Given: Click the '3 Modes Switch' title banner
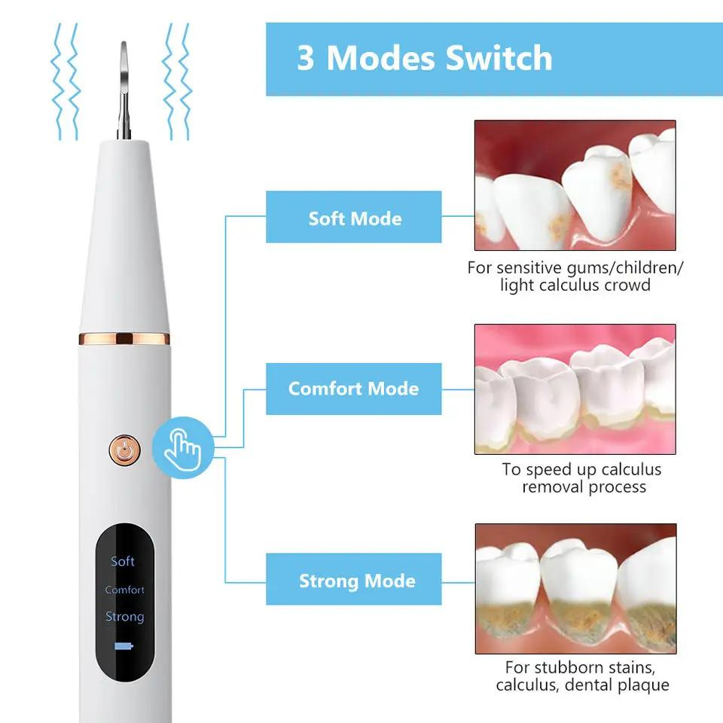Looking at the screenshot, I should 493,59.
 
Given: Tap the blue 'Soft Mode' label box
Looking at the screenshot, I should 354,218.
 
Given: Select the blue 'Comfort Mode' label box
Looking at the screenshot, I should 354,389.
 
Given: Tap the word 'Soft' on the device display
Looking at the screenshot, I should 123,561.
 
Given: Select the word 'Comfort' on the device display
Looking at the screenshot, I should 124,590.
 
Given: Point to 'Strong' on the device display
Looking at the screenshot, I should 124,617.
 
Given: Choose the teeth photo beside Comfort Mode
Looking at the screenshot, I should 575,389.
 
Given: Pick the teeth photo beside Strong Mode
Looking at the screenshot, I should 575,589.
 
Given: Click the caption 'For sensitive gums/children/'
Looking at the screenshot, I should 575,267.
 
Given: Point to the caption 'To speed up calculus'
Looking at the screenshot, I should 581,469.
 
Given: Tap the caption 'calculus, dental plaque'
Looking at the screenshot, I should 582,685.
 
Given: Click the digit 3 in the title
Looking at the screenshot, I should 305,59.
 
